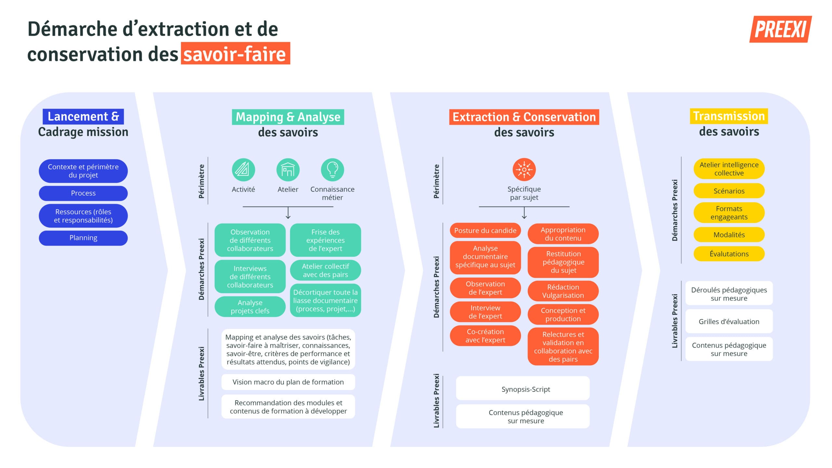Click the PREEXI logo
pyautogui.click(x=780, y=29)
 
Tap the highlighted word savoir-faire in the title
pyautogui.click(x=235, y=54)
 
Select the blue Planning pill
pyautogui.click(x=83, y=238)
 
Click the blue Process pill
pyautogui.click(x=83, y=193)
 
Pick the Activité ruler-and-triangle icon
pyautogui.click(x=243, y=170)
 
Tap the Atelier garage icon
pyautogui.click(x=288, y=170)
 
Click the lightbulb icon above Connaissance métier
pyautogui.click(x=332, y=170)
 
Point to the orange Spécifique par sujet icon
pyautogui.click(x=524, y=170)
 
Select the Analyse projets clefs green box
pyautogui.click(x=250, y=306)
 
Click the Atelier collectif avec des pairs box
pyautogui.click(x=325, y=270)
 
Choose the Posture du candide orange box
pyautogui.click(x=485, y=230)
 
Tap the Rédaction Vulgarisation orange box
pyautogui.click(x=563, y=291)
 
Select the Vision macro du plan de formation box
pyautogui.click(x=288, y=382)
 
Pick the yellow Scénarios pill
pyautogui.click(x=729, y=191)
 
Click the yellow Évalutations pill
pyautogui.click(x=729, y=254)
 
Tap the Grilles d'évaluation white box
pyautogui.click(x=729, y=321)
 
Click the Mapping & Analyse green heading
pyautogui.click(x=288, y=117)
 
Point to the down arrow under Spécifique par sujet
pyautogui.click(x=524, y=213)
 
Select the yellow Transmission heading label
pyautogui.click(x=729, y=116)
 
